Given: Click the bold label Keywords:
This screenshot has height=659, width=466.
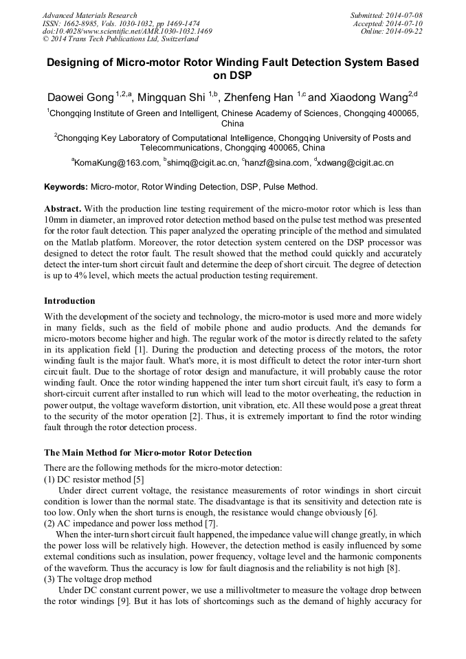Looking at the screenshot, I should pos(66,187).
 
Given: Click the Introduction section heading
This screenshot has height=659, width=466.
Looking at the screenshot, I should pos(69,301).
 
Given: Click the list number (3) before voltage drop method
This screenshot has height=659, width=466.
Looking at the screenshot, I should pos(51,579).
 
